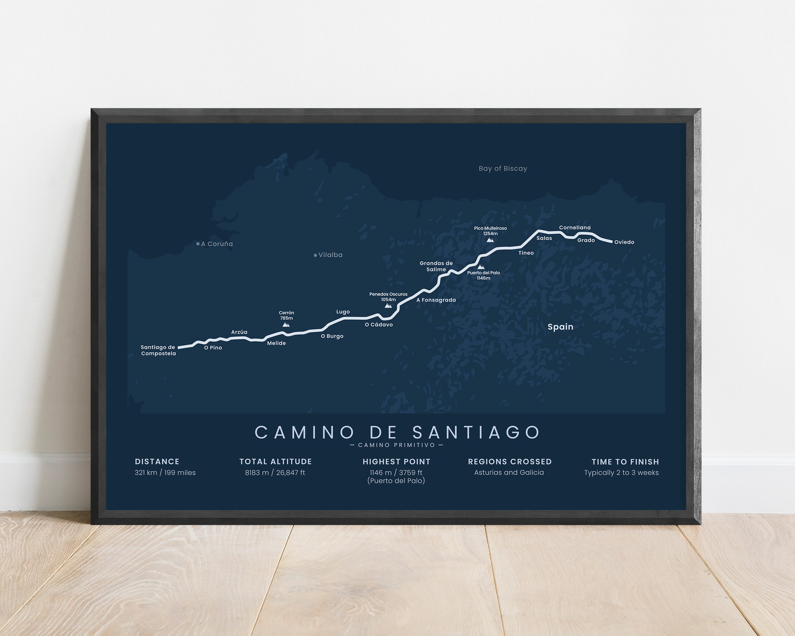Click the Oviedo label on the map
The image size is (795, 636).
tap(624, 242)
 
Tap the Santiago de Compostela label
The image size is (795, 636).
tap(158, 350)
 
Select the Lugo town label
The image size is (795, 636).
tap(343, 312)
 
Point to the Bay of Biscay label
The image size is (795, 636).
tap(502, 169)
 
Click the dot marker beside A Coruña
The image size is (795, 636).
tap(198, 244)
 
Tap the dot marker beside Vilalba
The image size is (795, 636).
tap(315, 255)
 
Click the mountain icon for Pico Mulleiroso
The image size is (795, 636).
tap(490, 240)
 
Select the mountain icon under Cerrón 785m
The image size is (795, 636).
tap(286, 324)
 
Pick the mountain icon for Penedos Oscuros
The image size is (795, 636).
tap(388, 305)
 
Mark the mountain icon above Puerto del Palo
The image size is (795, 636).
tap(480, 267)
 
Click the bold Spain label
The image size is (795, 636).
tap(560, 327)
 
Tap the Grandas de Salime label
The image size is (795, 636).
tap(436, 266)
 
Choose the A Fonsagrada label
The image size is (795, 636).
tap(436, 300)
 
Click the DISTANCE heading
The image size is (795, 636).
tap(157, 462)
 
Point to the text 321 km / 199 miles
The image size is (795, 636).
tap(165, 473)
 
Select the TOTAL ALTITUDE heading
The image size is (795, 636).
tap(275, 462)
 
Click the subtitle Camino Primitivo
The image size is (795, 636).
tap(397, 445)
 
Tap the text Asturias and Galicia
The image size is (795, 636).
tap(509, 473)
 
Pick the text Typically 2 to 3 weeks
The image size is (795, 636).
tap(621, 473)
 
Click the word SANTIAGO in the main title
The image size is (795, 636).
tap(476, 432)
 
